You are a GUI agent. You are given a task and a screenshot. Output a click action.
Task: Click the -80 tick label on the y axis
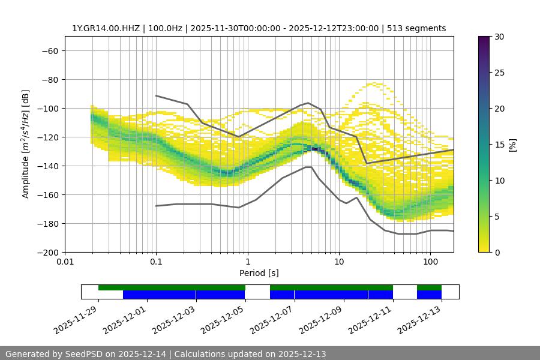point(49,80)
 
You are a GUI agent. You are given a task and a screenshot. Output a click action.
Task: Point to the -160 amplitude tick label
point(46,195)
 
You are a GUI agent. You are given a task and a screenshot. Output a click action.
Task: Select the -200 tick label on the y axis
point(46,253)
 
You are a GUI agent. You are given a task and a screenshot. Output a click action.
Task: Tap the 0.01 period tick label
point(65,262)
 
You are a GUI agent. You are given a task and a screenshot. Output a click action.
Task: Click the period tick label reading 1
point(248,262)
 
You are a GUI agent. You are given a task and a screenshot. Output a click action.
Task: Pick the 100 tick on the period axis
point(430,262)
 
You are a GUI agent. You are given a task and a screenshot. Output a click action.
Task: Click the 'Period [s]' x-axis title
point(259,273)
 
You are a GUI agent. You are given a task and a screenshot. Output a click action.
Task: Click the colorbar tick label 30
point(499,37)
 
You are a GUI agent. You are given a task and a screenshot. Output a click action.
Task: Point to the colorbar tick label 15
point(499,145)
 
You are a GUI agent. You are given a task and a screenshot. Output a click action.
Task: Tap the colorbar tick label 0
point(496,253)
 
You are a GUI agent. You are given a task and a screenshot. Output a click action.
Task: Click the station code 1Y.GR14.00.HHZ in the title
point(105,28)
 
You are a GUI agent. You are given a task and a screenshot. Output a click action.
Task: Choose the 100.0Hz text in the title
point(164,28)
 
